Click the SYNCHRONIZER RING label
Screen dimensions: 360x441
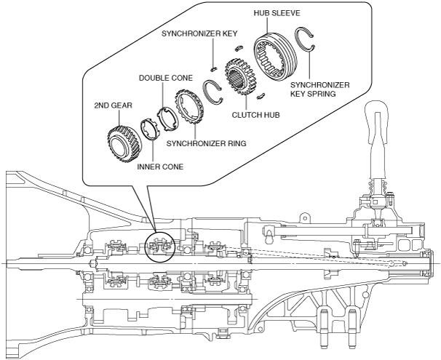[x=206, y=143]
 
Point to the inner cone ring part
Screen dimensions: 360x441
[x=151, y=133]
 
